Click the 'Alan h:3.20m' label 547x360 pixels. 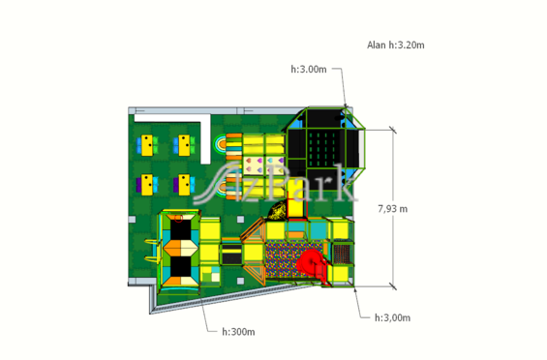pos(396,45)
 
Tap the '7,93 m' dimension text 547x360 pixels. pos(393,209)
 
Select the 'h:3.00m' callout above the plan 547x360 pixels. pos(309,69)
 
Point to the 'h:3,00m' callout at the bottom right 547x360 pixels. pos(392,317)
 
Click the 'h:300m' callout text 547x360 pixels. pos(238,332)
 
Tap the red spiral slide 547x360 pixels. pos(310,263)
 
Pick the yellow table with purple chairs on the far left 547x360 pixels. pos(147,185)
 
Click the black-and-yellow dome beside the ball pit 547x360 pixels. pos(277,210)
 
